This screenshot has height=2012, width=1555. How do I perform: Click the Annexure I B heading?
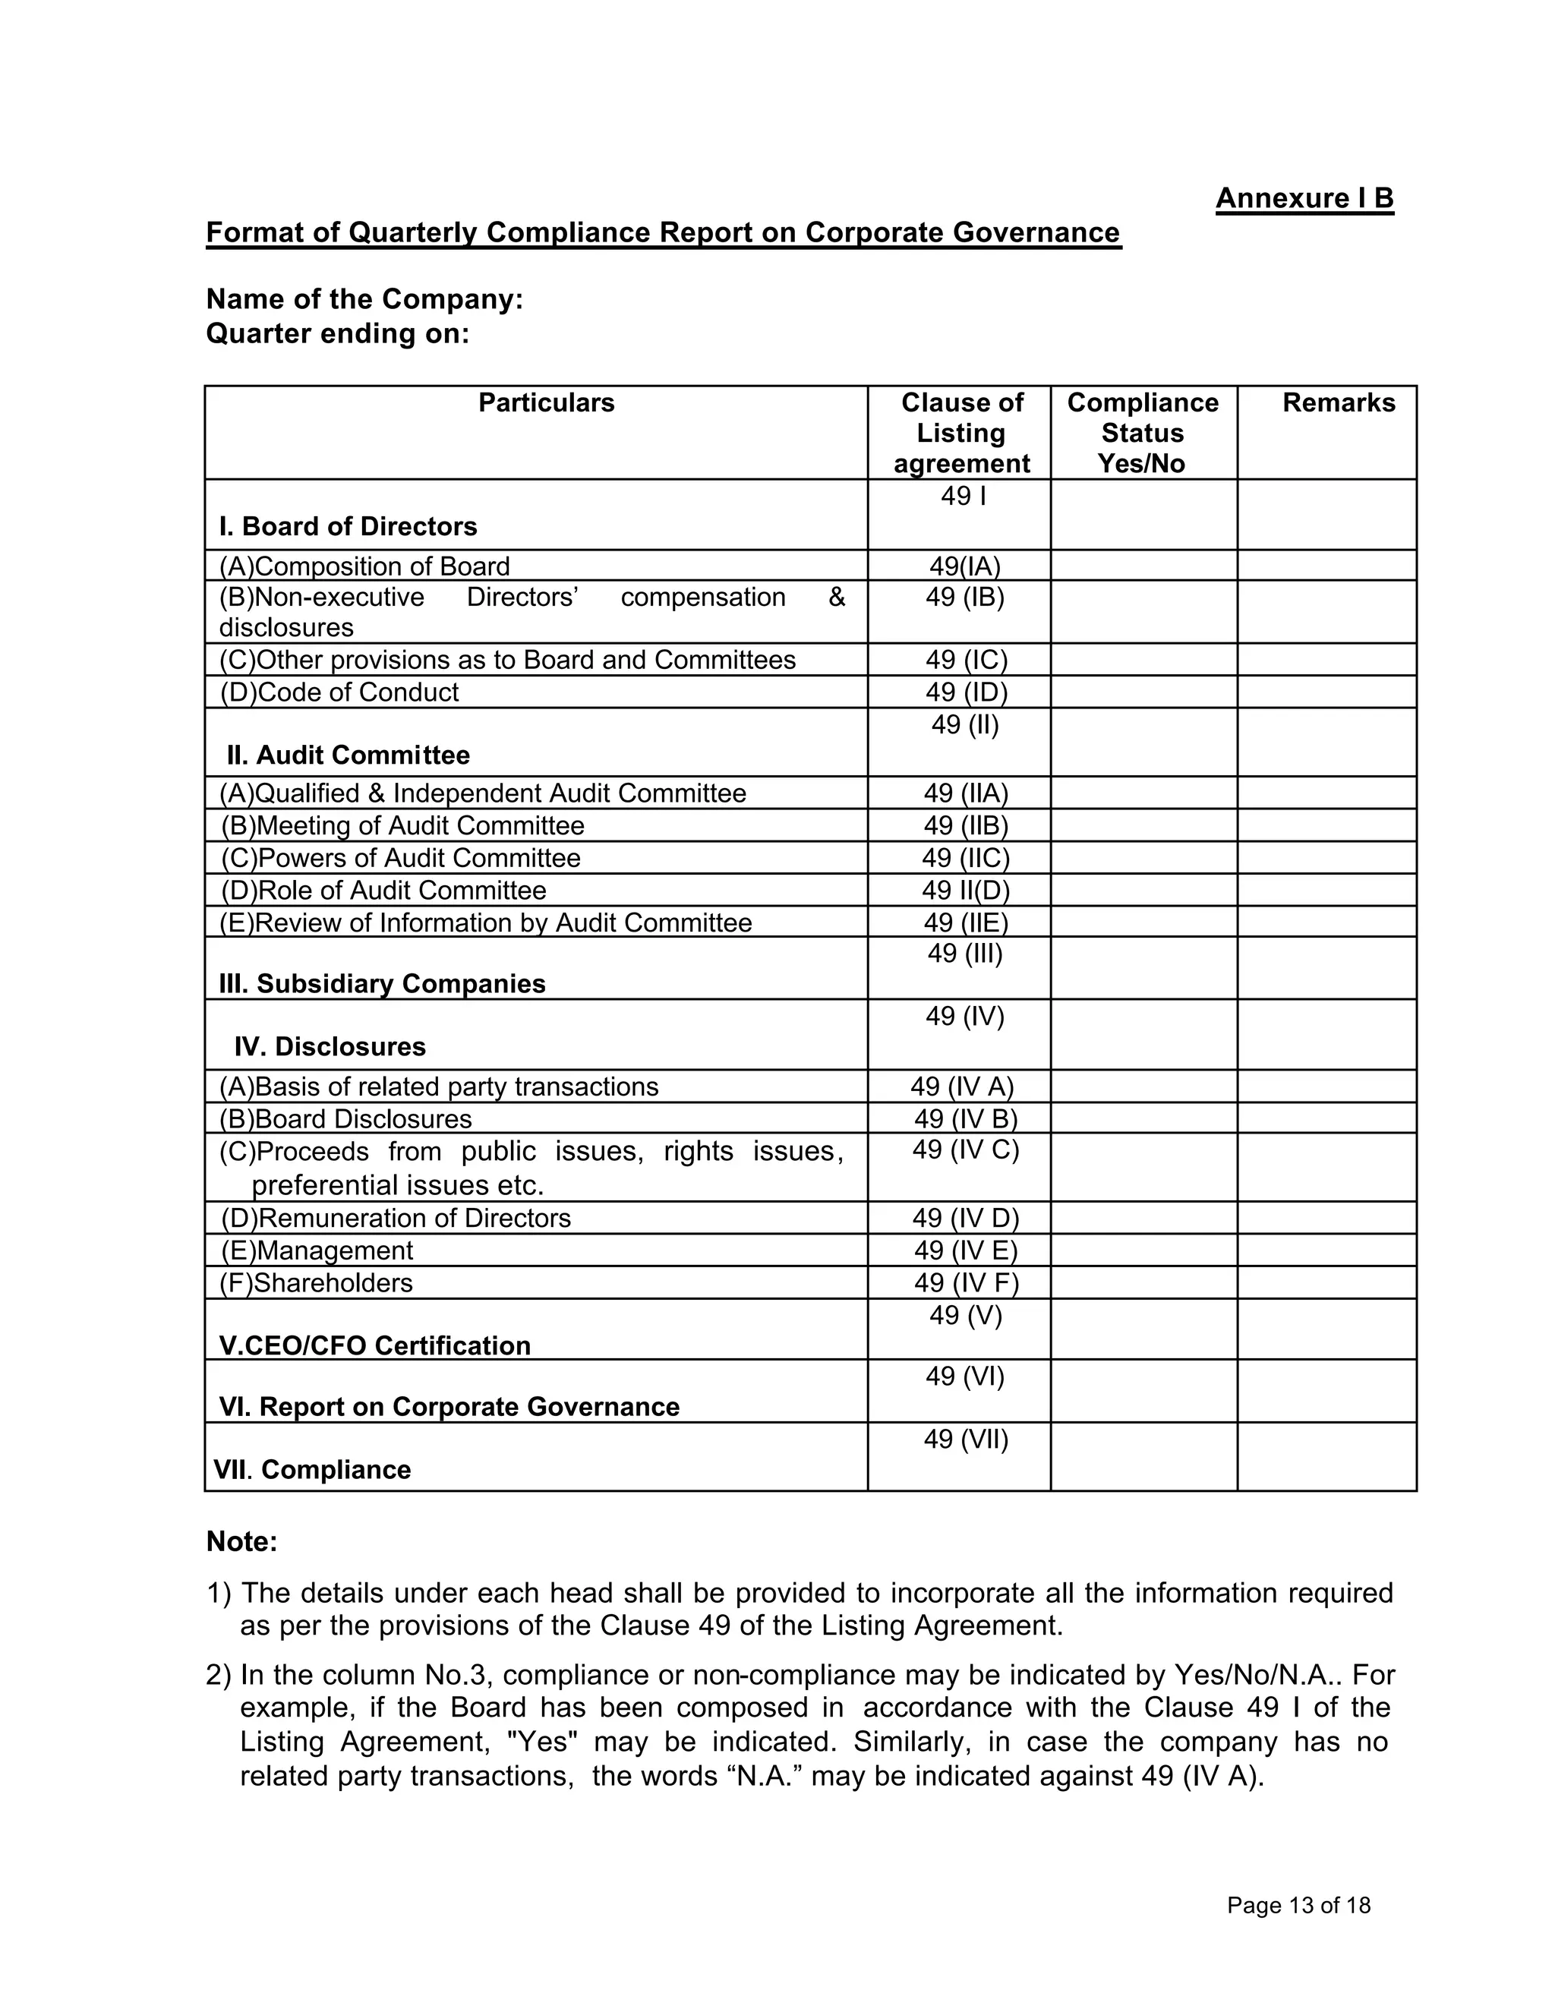pyautogui.click(x=1304, y=199)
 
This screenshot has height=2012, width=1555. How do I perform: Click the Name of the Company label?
pyautogui.click(x=364, y=299)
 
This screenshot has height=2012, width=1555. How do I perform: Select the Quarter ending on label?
pyautogui.click(x=337, y=333)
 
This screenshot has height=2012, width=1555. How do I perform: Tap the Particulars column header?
pyautogui.click(x=545, y=403)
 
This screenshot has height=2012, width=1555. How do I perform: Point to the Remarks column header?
pyautogui.click(x=1338, y=403)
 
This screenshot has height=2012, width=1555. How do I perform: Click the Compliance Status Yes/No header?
pyautogui.click(x=1142, y=433)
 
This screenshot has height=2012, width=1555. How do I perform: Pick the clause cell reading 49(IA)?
pyautogui.click(x=964, y=566)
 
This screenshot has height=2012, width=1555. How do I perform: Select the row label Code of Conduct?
pyautogui.click(x=339, y=692)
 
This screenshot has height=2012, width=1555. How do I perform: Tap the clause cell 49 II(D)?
pyautogui.click(x=964, y=890)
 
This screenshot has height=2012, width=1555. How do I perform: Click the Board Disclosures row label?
pyautogui.click(x=345, y=1118)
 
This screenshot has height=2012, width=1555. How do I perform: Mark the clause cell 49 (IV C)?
pyautogui.click(x=964, y=1149)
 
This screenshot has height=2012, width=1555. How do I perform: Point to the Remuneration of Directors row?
pyautogui.click(x=396, y=1218)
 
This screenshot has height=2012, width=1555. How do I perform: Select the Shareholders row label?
pyautogui.click(x=316, y=1282)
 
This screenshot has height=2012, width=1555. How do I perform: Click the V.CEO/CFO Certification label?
pyautogui.click(x=374, y=1346)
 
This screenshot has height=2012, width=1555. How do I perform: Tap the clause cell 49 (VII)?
pyautogui.click(x=964, y=1439)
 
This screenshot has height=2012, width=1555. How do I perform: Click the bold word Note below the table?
pyautogui.click(x=241, y=1542)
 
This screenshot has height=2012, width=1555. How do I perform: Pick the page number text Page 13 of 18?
pyautogui.click(x=1298, y=1905)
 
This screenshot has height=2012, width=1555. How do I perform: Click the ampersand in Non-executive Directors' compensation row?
pyautogui.click(x=835, y=597)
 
